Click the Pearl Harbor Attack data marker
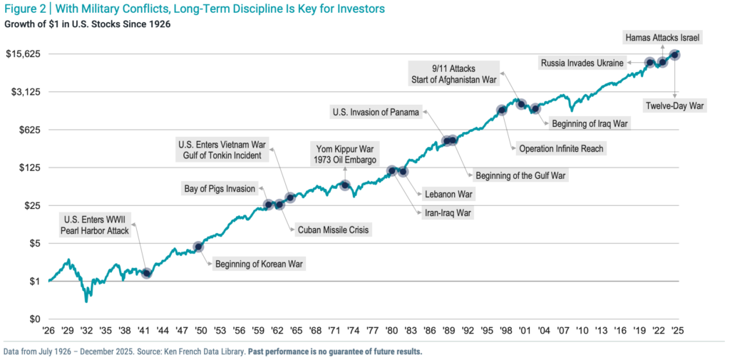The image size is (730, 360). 147,273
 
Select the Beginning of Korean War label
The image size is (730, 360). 259,264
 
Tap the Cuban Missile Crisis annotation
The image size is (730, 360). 334,230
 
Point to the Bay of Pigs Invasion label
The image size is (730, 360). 220,188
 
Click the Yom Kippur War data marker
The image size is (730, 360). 345,185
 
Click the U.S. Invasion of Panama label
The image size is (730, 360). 376,112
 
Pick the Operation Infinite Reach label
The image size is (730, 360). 561,148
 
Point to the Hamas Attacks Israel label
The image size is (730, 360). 662,37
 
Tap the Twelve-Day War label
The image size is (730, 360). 674,106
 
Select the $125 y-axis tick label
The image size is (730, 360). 29,168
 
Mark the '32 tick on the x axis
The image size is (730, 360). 86,331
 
